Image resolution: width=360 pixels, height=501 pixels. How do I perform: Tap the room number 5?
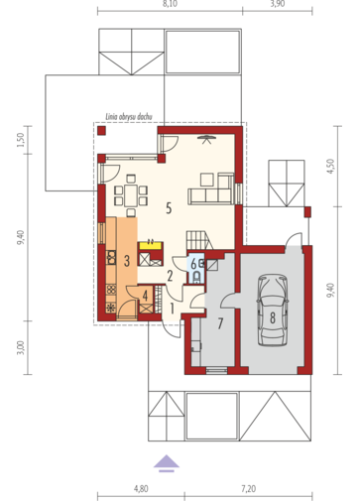coord(170,208)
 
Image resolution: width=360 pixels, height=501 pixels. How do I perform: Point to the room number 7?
coord(221,323)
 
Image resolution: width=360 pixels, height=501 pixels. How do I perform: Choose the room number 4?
coord(145,294)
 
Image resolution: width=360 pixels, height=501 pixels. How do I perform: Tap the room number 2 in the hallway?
coord(170,277)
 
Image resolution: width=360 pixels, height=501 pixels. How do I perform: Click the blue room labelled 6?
coord(195,266)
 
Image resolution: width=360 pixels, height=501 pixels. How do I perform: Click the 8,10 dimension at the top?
coord(170,5)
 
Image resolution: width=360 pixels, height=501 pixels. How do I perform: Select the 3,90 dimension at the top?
coord(278,5)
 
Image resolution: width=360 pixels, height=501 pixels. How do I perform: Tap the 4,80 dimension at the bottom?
coord(141,488)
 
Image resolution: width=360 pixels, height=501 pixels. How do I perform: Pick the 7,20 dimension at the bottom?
coord(246,488)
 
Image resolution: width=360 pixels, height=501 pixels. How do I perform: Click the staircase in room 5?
coord(197,238)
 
